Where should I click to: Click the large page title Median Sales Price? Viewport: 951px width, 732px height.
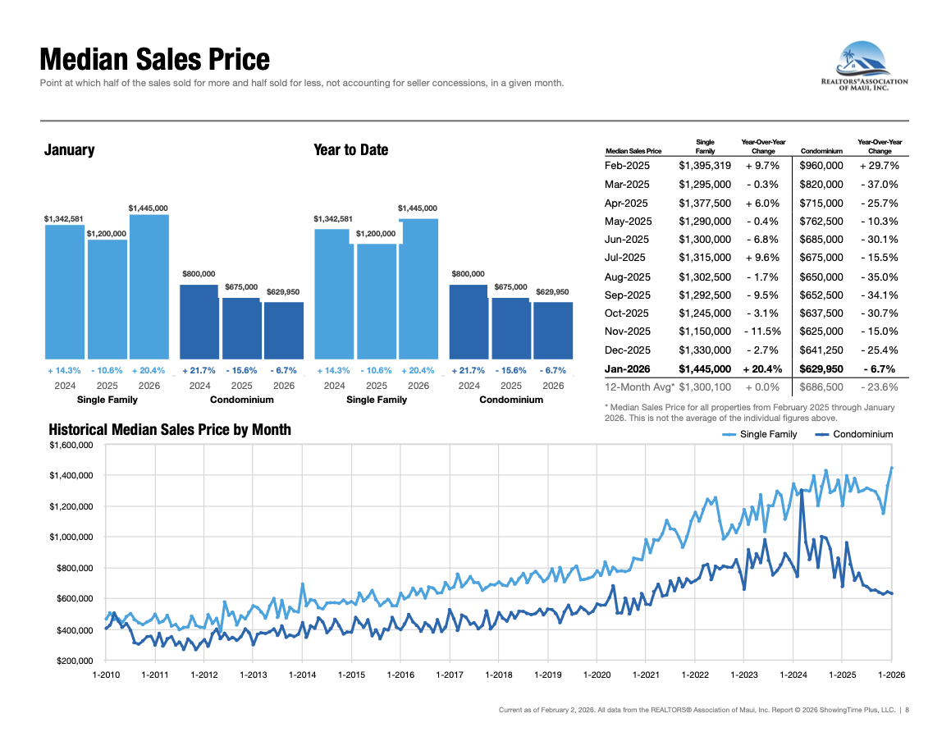tap(154, 60)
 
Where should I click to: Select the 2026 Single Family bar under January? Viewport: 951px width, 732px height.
tap(149, 286)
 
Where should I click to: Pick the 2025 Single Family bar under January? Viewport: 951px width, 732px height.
tap(107, 299)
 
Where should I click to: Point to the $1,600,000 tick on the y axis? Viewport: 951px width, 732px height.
tap(71, 445)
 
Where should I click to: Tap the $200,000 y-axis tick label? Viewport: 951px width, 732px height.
tap(74, 661)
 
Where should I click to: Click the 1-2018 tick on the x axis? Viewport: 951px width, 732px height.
tap(498, 675)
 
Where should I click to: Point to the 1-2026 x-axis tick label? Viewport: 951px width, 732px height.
tap(891, 675)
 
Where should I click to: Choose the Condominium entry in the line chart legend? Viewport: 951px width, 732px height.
tap(862, 434)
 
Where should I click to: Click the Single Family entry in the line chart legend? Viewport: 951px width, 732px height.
tap(768, 434)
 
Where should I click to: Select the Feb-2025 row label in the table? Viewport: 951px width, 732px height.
tap(626, 166)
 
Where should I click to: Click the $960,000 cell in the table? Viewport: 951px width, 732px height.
tap(821, 166)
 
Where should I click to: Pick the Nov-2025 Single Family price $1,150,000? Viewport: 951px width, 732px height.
tap(704, 332)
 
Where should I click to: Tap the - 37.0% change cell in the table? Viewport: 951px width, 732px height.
tap(880, 184)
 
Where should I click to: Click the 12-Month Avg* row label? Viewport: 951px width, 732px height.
tap(639, 387)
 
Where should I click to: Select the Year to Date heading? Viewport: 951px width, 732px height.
tap(350, 150)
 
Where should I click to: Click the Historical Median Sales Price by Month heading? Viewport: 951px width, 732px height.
tap(170, 430)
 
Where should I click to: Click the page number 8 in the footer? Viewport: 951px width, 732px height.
tap(907, 710)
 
